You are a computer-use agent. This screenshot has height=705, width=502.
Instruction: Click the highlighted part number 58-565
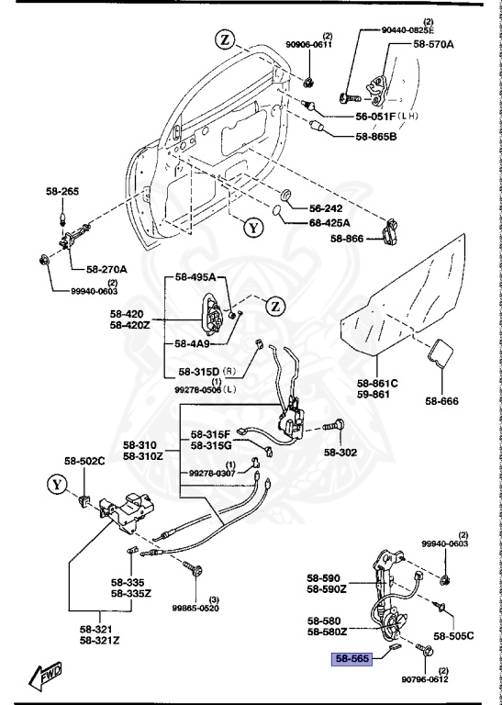352,659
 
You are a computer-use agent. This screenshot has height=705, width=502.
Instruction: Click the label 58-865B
376,137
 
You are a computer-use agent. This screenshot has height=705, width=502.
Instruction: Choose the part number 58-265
62,192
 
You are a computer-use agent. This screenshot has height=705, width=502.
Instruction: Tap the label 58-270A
107,269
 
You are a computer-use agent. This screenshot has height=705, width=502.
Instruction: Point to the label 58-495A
195,277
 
